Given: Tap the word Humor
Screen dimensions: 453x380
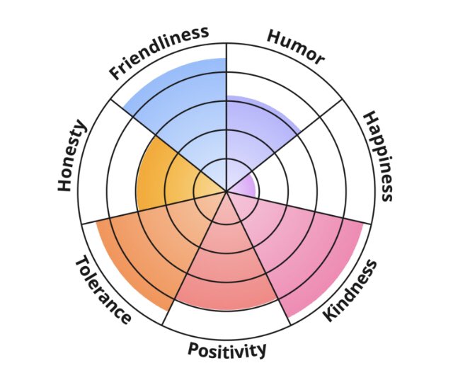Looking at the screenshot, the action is tap(295, 47).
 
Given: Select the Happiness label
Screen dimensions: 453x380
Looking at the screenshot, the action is tap(377, 156).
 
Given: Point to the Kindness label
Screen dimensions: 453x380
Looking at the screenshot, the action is tap(350, 291).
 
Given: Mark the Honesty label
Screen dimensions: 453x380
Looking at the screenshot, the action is tap(71, 156).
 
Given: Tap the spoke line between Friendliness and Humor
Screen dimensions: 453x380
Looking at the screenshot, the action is tap(226, 78).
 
